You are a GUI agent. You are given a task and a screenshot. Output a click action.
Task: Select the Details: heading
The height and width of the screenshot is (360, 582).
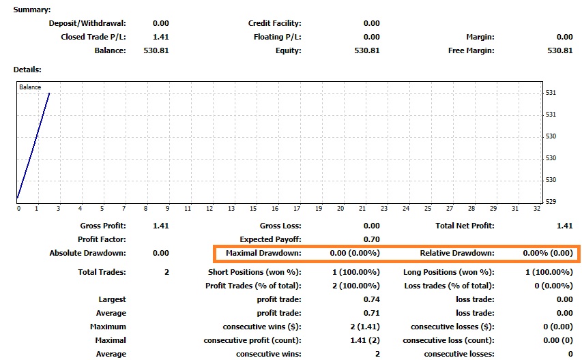pos(27,70)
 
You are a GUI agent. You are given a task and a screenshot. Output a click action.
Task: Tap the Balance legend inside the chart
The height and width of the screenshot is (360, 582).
pos(30,87)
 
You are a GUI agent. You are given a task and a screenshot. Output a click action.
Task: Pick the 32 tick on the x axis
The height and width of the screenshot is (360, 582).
pos(536,209)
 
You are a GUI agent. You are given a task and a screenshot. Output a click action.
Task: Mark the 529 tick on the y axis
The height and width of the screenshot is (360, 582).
pos(551,201)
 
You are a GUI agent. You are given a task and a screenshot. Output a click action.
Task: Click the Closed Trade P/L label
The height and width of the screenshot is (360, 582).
pos(93,37)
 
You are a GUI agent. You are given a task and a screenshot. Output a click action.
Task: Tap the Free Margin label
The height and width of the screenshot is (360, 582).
pos(471,50)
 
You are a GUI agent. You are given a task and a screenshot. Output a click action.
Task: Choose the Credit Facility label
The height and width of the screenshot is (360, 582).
pos(274,23)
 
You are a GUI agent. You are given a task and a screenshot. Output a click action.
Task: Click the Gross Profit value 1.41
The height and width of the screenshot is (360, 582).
pos(160,226)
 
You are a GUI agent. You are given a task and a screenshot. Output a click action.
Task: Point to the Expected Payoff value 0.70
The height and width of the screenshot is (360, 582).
pos(372,239)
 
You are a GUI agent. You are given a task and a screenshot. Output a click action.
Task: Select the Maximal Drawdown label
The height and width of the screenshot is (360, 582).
pos(263,253)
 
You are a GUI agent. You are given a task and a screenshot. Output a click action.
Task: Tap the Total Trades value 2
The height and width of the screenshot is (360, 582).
pos(166,272)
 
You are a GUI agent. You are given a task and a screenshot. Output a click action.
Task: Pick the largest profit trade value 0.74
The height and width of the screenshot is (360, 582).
pos(372,299)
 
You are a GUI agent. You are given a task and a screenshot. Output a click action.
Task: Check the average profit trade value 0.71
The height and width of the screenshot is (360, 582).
pos(372,313)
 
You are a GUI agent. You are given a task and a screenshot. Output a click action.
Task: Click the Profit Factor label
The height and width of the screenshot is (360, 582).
pos(102,239)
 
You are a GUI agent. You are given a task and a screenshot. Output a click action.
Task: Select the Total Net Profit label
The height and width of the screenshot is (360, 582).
pos(465,226)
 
